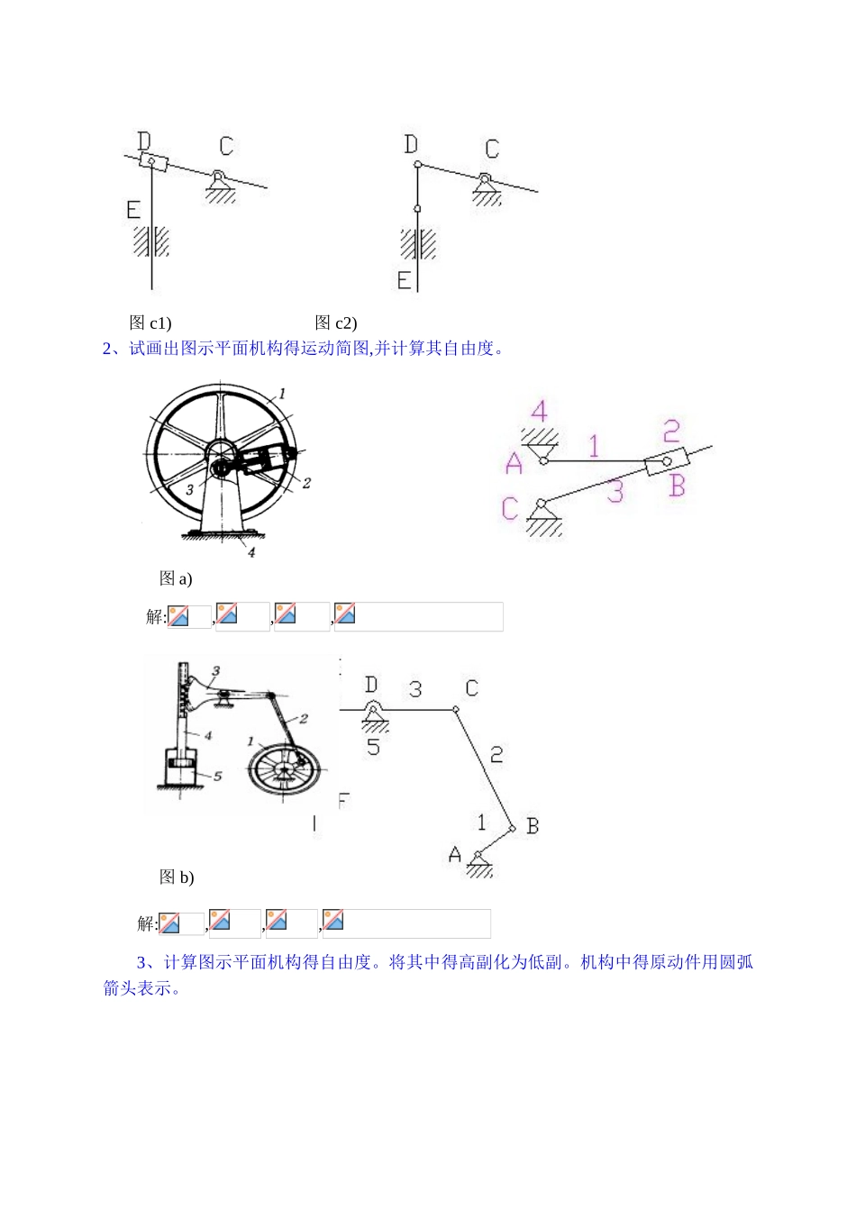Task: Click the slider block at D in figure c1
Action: (x=152, y=162)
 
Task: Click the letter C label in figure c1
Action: (x=225, y=145)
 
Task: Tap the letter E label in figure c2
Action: (x=404, y=280)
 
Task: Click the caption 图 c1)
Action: (x=150, y=323)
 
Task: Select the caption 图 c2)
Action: (x=336, y=323)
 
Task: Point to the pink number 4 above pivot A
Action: (x=538, y=412)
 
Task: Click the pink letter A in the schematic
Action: (x=514, y=463)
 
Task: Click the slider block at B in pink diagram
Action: (x=666, y=462)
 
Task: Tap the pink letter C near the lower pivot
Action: (x=510, y=508)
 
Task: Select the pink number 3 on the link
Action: (x=615, y=491)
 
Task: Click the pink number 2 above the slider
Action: (x=671, y=431)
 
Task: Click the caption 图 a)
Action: (x=176, y=578)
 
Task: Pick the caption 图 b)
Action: (x=177, y=877)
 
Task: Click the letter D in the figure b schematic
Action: (x=370, y=686)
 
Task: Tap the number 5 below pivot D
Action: (x=373, y=747)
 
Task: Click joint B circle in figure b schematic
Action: (x=512, y=827)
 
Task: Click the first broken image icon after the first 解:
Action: (x=178, y=615)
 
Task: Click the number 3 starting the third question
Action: (x=142, y=962)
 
